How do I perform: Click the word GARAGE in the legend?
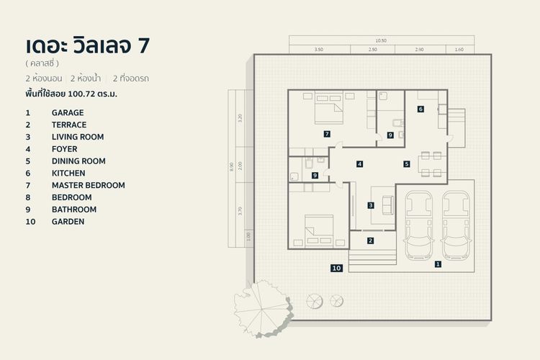[x=68, y=112]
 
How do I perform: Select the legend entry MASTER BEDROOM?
[x=88, y=185]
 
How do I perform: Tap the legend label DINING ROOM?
[x=78, y=161]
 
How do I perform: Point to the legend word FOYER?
[x=64, y=149]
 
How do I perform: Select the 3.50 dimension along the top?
[x=319, y=50]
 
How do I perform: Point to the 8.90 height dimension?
[x=232, y=166]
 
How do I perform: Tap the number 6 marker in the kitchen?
[x=420, y=109]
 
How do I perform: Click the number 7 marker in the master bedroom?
[x=327, y=134]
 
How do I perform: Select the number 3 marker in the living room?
[x=371, y=205]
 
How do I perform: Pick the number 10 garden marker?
[x=336, y=268]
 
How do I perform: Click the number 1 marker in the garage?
[x=438, y=264]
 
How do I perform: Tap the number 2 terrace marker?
[x=371, y=240]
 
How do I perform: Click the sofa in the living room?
[x=387, y=204]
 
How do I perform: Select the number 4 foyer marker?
[x=359, y=164]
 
